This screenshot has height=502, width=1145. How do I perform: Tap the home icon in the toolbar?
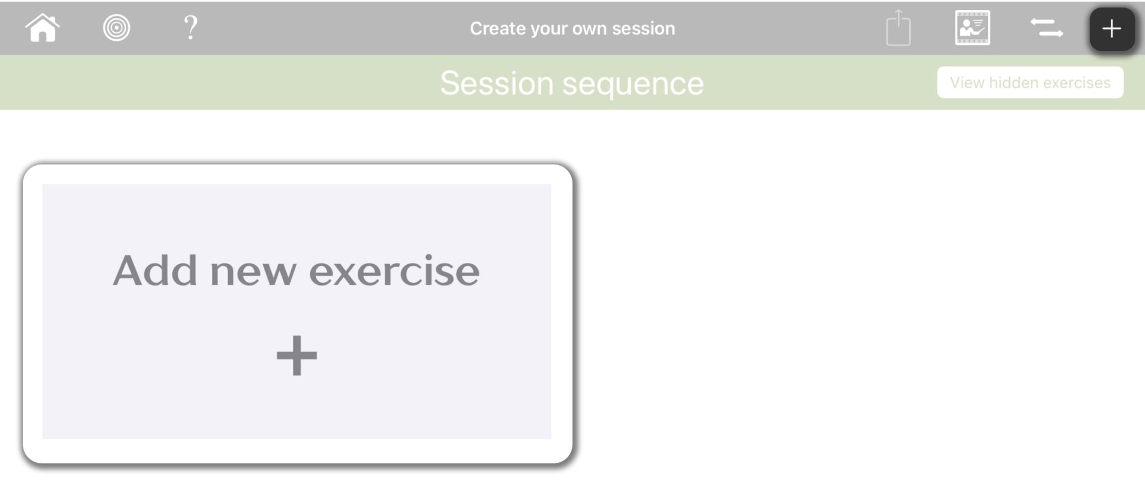[x=42, y=28]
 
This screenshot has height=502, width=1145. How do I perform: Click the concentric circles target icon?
[x=116, y=28]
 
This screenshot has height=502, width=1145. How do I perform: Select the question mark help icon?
[x=191, y=27]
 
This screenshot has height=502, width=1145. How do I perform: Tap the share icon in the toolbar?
[x=898, y=28]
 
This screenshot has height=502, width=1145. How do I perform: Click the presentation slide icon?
[x=972, y=28]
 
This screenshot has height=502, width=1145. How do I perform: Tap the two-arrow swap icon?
[x=1047, y=28]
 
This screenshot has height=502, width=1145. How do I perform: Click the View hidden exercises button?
[x=1030, y=83]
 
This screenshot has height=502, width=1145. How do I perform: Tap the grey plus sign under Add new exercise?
[x=297, y=355]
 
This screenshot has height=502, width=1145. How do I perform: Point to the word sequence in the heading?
[x=632, y=84]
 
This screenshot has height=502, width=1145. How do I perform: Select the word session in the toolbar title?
[x=643, y=29]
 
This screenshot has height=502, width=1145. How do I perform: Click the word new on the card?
[x=253, y=271]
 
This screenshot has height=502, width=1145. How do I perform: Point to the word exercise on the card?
[x=394, y=271]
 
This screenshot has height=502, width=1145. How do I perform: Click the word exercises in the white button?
[x=1077, y=83]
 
